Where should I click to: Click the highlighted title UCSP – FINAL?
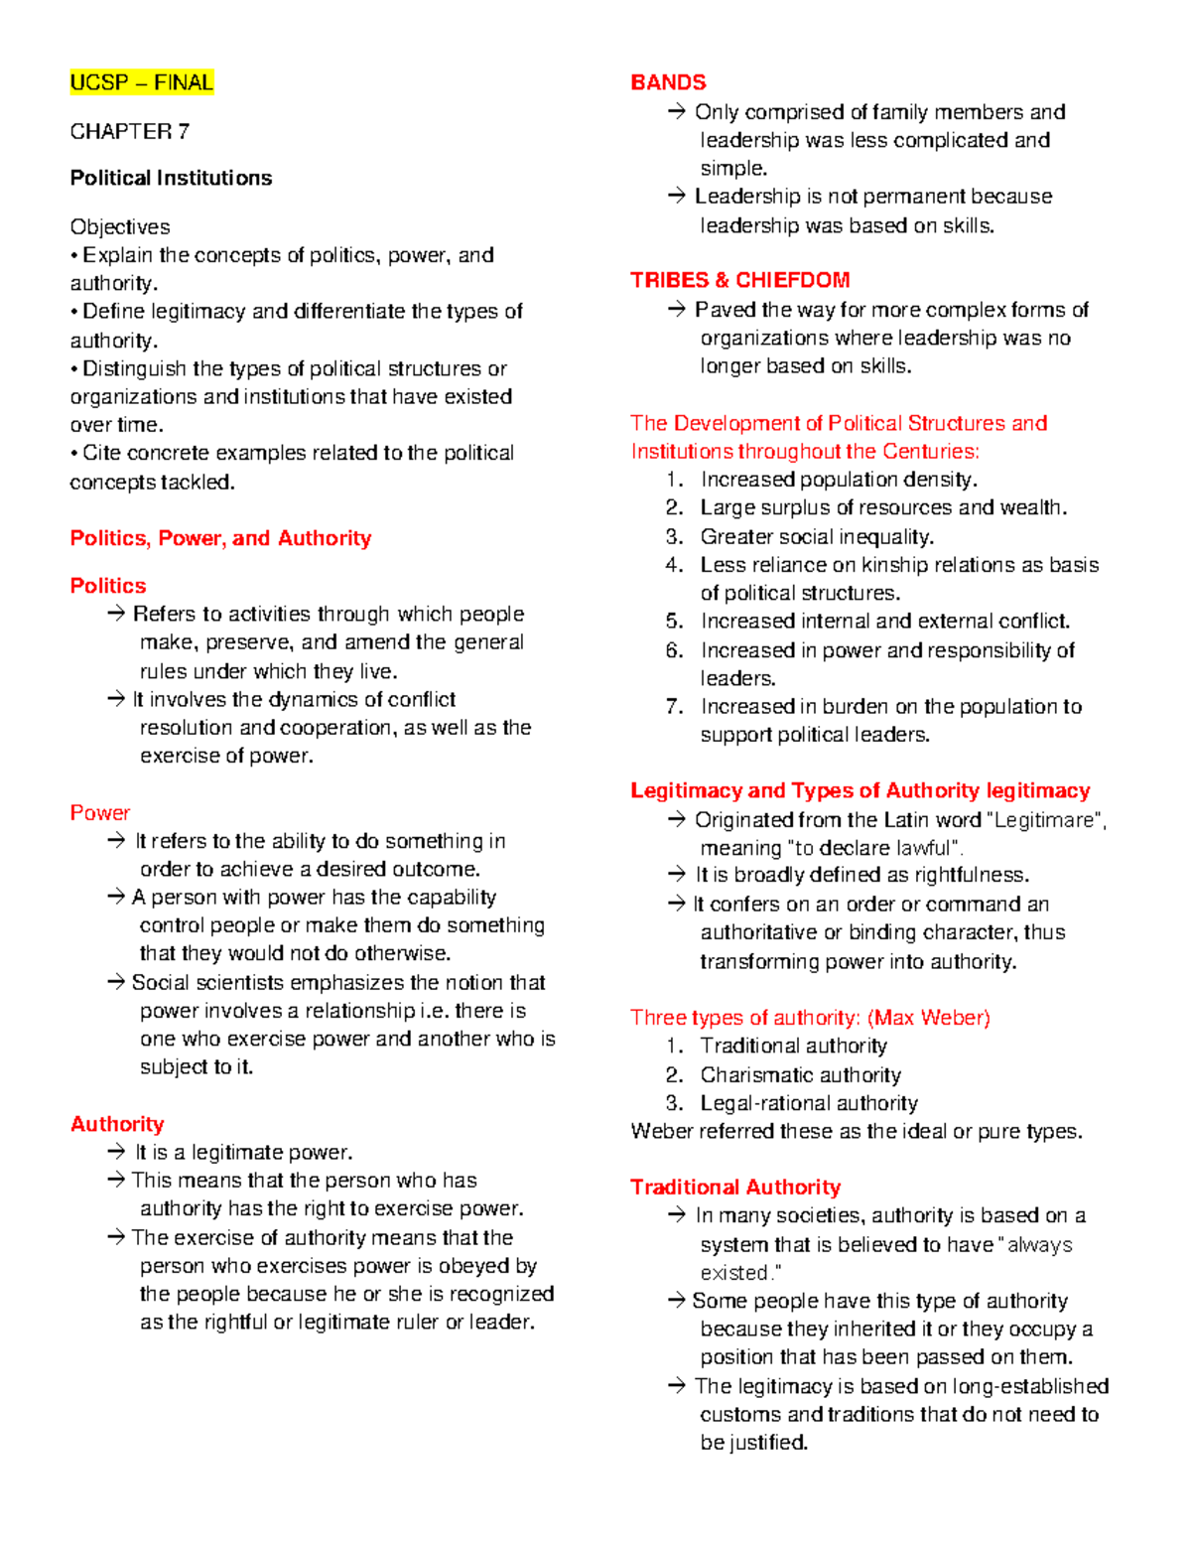[141, 82]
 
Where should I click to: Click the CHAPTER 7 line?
[129, 132]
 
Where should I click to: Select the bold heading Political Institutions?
[171, 179]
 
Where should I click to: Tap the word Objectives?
[119, 227]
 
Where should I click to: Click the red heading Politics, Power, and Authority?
[220, 538]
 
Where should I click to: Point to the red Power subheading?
[99, 813]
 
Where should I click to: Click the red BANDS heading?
[668, 82]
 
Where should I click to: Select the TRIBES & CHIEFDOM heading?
[739, 280]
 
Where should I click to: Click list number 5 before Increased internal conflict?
[675, 622]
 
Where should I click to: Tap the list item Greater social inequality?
[817, 537]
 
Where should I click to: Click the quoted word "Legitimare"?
[1045, 820]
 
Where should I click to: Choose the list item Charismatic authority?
[800, 1075]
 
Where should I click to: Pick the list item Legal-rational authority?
[808, 1103]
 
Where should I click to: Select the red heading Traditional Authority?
[734, 1188]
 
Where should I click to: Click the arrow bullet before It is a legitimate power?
[117, 1152]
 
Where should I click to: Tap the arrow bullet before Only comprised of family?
[677, 112]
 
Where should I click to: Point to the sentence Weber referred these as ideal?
[856, 1132]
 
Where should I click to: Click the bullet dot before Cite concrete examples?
[74, 454]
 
